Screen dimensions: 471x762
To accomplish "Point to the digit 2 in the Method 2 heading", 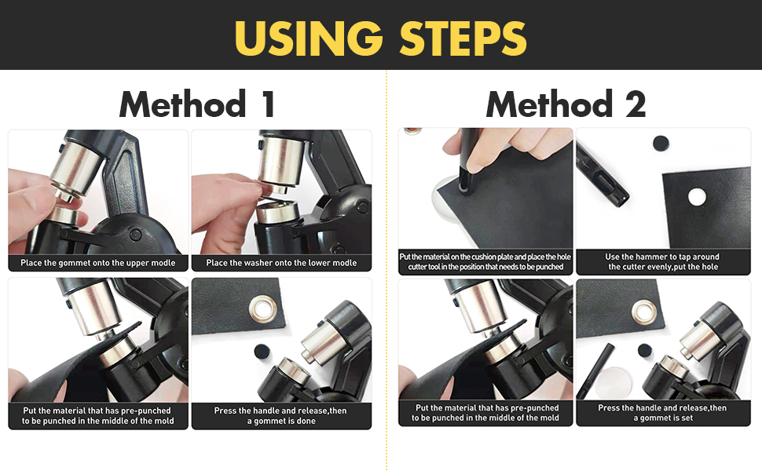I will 633,104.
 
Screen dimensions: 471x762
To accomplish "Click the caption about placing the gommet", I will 98,263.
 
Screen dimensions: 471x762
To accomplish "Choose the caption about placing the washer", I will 281,263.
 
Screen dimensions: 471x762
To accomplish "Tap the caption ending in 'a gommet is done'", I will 281,415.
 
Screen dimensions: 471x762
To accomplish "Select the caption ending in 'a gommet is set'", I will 663,413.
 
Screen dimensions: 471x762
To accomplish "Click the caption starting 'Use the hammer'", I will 663,261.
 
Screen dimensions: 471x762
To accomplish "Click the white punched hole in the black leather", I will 696,196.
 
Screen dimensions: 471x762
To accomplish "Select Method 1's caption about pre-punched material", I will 98,415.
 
